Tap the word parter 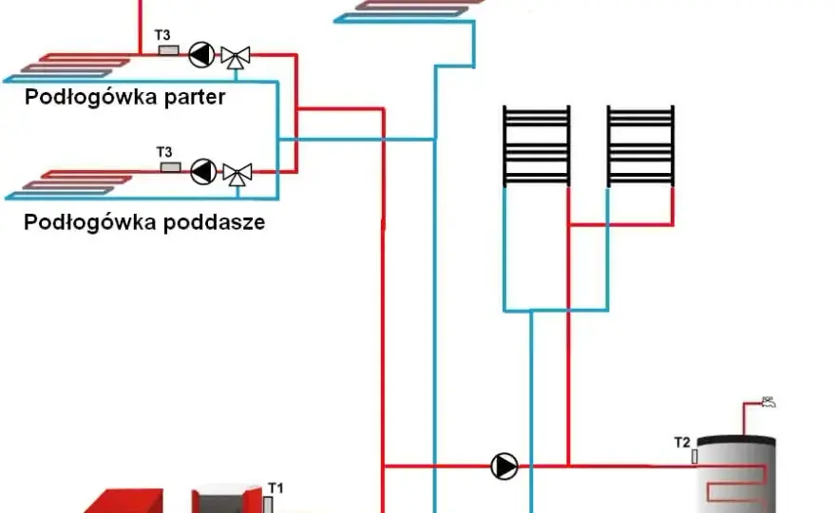coord(195,98)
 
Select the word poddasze coord(214,222)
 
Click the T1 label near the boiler coord(275,488)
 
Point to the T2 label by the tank coord(682,443)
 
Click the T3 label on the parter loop coord(162,35)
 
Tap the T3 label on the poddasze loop coord(164,153)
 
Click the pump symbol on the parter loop coord(201,54)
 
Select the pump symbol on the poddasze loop coord(203,172)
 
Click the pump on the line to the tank coord(503,466)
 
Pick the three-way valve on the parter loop coord(236,57)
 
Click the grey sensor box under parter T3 coord(169,50)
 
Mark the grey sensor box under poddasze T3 coord(171,167)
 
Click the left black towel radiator coord(537,145)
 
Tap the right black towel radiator coord(640,145)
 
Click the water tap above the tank coord(768,402)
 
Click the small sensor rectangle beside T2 coord(694,456)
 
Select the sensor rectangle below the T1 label coord(268,504)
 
